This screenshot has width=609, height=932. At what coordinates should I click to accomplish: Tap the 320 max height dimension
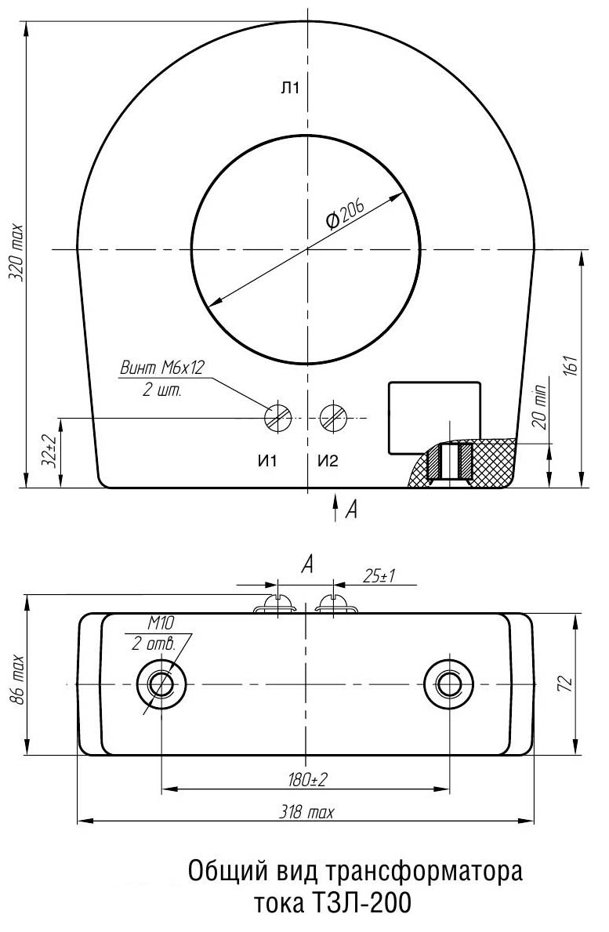16,252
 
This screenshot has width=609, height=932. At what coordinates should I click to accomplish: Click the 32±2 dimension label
50,451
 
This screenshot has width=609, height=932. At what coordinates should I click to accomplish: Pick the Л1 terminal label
291,89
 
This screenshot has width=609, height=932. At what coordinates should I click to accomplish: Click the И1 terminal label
267,461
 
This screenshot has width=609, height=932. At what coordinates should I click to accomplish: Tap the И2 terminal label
328,461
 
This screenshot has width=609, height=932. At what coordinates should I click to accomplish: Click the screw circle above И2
333,417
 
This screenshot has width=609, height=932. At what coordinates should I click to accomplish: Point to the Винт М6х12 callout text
161,368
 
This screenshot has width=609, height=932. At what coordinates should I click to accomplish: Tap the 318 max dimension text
306,812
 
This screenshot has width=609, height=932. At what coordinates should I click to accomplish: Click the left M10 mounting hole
161,684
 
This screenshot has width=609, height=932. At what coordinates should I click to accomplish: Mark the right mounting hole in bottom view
448,684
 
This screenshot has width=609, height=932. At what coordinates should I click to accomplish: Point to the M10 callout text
161,623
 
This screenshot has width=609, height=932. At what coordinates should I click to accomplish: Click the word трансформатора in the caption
424,872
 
